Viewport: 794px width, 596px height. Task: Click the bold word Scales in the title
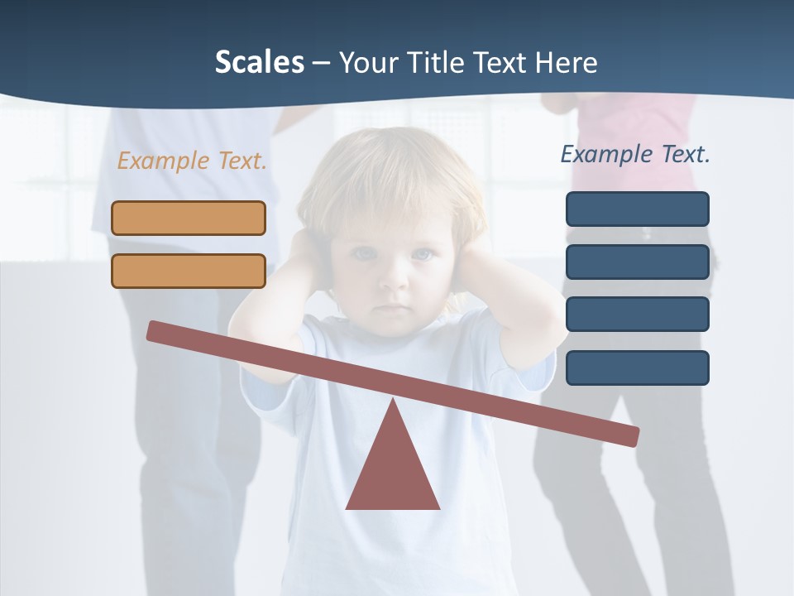point(259,62)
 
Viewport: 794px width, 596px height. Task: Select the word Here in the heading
point(566,62)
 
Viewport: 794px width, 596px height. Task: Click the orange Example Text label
point(192,161)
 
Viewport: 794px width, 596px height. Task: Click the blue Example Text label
point(635,154)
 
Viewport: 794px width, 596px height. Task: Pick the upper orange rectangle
point(189,218)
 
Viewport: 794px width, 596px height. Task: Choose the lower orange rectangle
point(189,271)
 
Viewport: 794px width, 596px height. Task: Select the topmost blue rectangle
point(637,209)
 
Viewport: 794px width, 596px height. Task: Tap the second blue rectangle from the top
point(637,262)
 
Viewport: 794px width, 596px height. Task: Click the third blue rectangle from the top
point(637,315)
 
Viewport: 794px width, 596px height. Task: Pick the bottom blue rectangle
point(637,368)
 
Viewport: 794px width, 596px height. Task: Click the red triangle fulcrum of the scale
point(393,472)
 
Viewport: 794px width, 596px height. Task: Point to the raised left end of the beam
point(154,330)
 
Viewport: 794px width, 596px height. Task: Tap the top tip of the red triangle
point(393,401)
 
